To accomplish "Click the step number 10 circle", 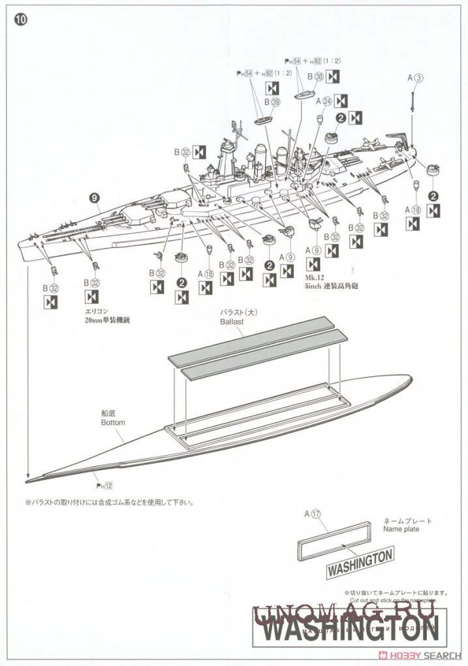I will (20, 20).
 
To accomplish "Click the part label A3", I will (416, 77).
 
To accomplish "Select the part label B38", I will (315, 77).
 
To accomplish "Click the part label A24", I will (324, 101).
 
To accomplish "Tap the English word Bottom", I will (112, 422).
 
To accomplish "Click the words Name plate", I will (401, 529).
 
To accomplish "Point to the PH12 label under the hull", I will (105, 486).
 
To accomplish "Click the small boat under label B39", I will (263, 120).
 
